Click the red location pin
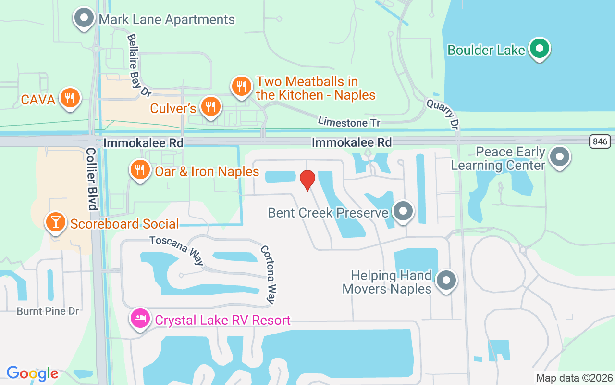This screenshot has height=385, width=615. point(307,180)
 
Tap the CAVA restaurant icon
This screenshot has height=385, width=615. point(70,98)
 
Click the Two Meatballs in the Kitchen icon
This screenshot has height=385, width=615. point(241,86)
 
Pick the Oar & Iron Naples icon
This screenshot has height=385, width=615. point(140,170)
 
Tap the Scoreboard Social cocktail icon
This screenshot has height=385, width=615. point(55,222)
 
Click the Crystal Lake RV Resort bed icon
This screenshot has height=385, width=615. point(140,318)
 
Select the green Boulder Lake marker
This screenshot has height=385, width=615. point(540,48)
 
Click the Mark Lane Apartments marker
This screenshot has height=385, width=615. point(84,18)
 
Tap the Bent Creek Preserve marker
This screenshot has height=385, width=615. point(403,211)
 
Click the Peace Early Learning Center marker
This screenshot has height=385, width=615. point(560,157)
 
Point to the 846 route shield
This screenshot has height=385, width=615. point(600,141)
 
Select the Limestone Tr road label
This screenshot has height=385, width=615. point(349,122)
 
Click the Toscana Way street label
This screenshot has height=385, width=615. point(177,250)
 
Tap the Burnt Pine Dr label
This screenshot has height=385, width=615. point(48,311)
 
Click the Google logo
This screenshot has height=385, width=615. point(32,373)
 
